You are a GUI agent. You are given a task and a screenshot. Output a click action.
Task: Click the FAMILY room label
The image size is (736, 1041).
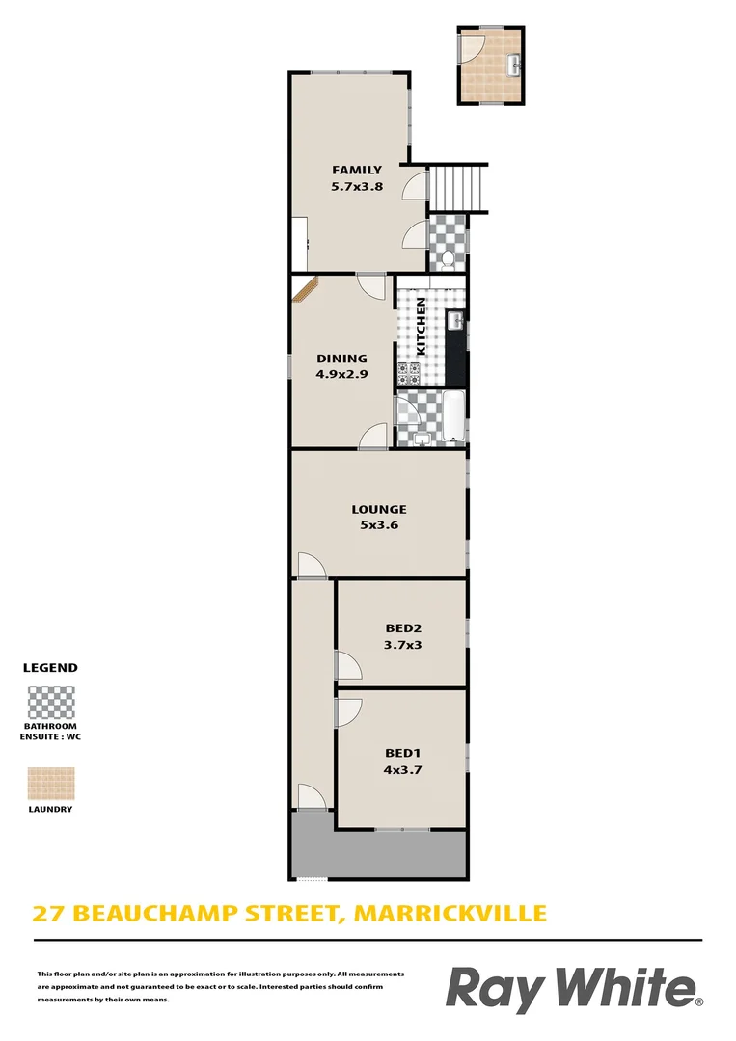tap(357, 171)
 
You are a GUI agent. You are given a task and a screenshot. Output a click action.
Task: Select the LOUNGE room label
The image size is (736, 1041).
tap(378, 509)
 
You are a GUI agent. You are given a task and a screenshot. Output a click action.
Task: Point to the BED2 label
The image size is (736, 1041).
tap(403, 627)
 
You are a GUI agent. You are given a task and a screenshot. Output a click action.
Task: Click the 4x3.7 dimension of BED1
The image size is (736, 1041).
tap(403, 769)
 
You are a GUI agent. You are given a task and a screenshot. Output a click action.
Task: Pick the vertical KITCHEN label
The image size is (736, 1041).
tap(422, 327)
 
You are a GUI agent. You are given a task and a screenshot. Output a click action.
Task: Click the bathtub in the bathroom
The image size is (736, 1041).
tap(452, 416)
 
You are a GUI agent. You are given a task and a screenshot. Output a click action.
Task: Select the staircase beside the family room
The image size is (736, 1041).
tap(458, 187)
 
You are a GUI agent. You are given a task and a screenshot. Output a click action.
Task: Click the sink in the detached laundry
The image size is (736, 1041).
tap(515, 65)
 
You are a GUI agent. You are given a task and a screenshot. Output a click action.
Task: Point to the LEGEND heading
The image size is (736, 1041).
tap(50, 667)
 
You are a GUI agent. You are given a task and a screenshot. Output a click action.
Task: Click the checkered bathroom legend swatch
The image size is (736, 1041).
tap(51, 703)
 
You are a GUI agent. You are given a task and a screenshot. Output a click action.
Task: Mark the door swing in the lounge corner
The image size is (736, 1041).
tap(312, 565)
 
